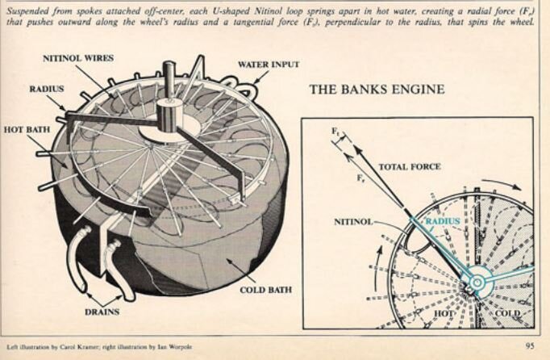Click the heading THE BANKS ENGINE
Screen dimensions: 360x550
coord(377,89)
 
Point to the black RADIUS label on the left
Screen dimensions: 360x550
coord(47,89)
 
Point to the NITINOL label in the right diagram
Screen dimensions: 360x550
coord(352,220)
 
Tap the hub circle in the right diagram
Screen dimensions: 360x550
coord(476,282)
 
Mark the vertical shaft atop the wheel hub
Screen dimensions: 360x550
coord(171,81)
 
